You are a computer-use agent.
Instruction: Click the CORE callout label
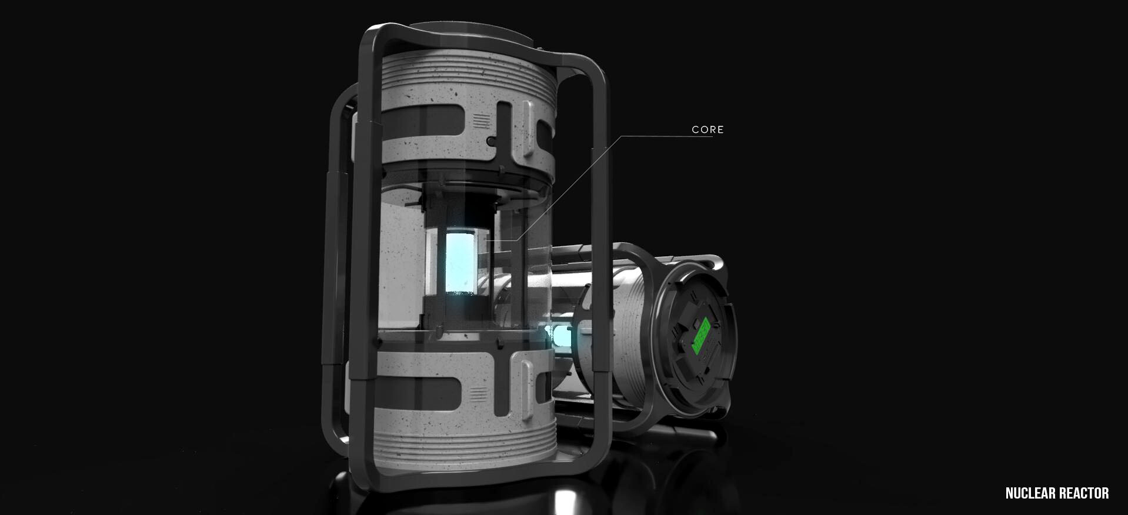[x=707, y=129]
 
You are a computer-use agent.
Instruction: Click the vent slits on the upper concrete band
[x=482, y=122]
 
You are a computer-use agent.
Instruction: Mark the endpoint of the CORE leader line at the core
[x=488, y=240]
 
